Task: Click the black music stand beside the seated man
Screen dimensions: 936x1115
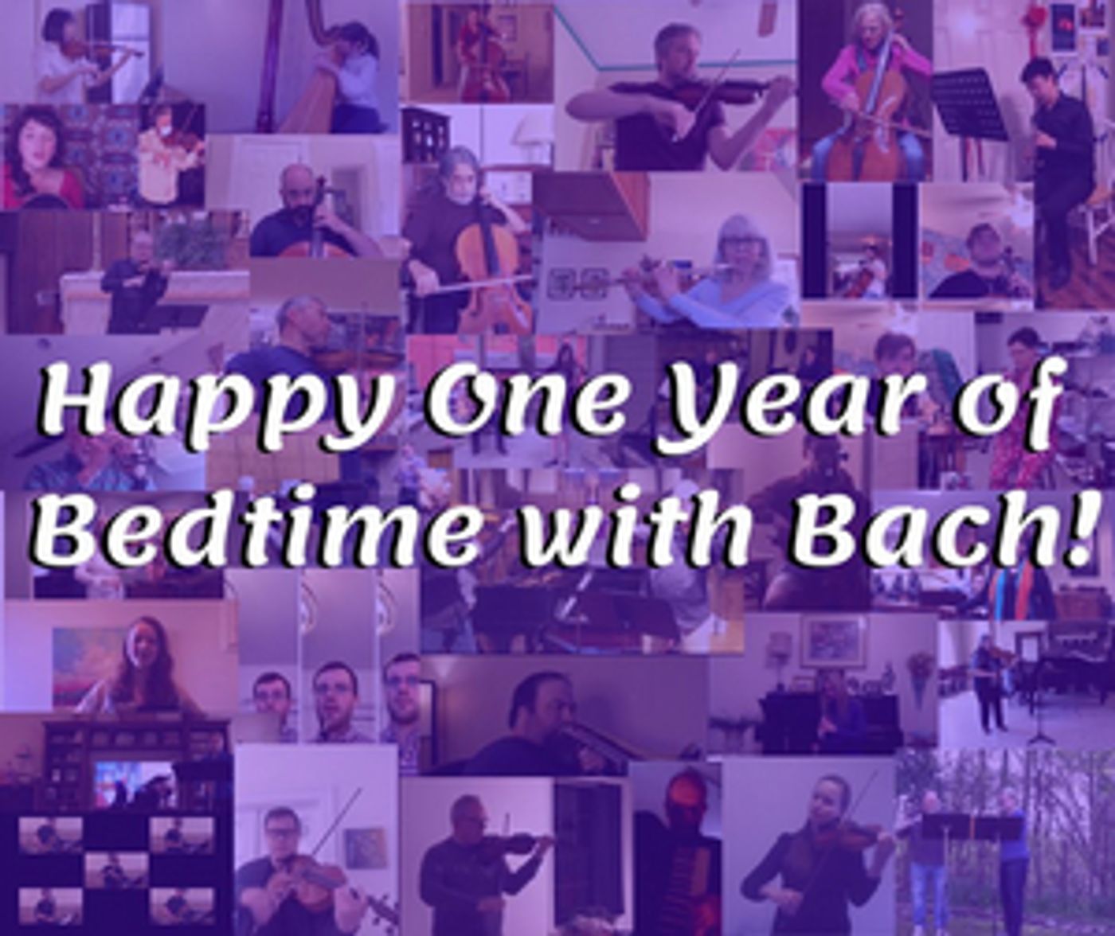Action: pyautogui.click(x=972, y=103)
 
